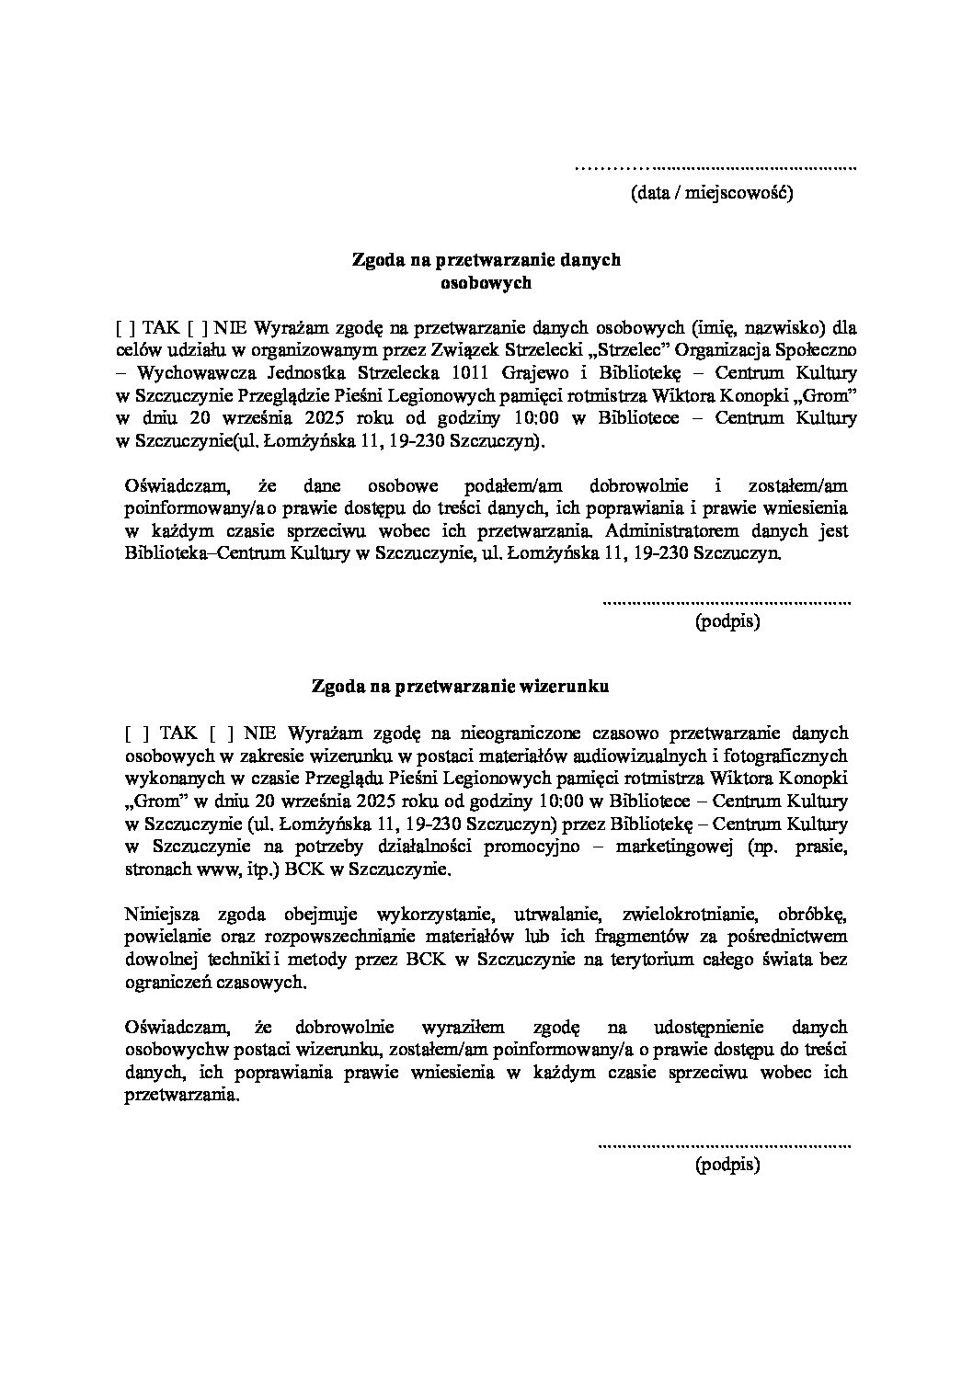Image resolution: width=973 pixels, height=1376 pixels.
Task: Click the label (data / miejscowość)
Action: click(x=711, y=193)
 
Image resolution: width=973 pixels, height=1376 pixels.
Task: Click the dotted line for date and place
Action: click(x=715, y=168)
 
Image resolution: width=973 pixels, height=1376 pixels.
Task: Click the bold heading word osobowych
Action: click(x=486, y=283)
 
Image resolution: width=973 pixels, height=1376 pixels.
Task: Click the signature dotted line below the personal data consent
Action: click(x=726, y=602)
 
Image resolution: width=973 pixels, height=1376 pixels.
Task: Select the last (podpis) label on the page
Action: click(x=727, y=1166)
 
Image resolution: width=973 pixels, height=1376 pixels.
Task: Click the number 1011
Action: click(x=472, y=373)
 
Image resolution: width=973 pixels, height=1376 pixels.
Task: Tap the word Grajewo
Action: click(x=534, y=373)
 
